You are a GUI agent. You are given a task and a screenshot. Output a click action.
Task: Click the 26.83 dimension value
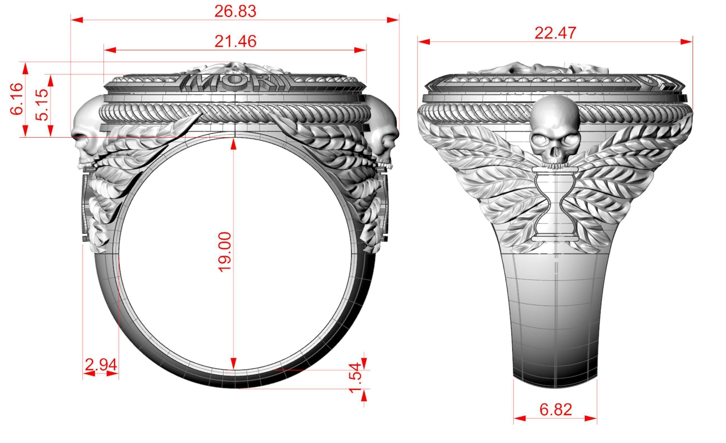(x=235, y=12)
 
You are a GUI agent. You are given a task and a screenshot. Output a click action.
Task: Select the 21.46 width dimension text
(x=235, y=42)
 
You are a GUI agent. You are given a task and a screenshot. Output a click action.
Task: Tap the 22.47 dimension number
(x=555, y=33)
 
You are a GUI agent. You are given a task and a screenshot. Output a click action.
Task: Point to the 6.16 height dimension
(x=17, y=99)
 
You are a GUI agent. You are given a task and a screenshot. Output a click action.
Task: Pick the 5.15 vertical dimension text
(x=41, y=105)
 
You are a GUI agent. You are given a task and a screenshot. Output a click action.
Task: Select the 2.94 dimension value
(x=101, y=365)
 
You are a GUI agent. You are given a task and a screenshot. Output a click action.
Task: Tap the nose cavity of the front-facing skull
(x=555, y=152)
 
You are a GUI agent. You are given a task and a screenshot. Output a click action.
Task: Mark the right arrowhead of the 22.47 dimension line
(x=687, y=42)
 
